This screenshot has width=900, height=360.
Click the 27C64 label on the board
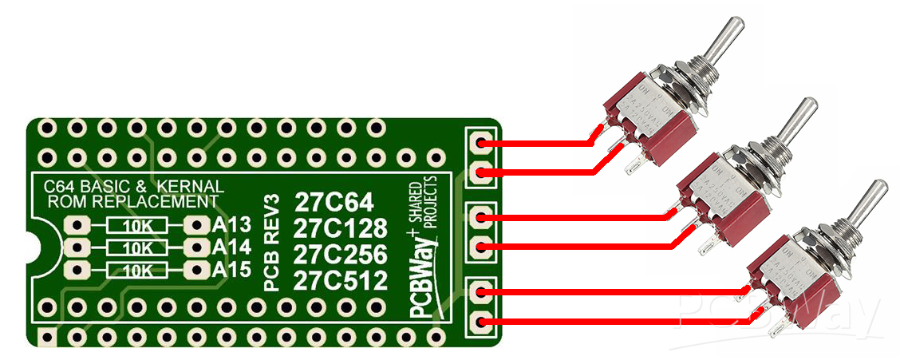(x=333, y=200)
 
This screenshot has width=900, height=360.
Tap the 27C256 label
(x=339, y=255)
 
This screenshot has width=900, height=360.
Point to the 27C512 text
(x=339, y=281)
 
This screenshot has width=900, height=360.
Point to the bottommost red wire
(x=614, y=322)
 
